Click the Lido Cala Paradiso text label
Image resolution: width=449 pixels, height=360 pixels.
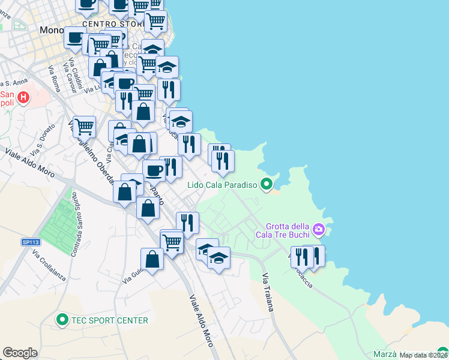coord(221,185)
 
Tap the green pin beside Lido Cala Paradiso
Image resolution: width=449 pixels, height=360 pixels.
coord(268,185)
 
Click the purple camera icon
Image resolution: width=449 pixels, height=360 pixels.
coord(318,229)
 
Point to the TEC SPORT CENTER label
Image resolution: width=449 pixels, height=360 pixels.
coord(110,320)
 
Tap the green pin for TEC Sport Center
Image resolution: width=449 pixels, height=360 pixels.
coord(62,320)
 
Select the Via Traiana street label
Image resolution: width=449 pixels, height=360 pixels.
coord(267,292)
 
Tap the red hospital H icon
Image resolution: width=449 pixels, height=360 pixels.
coord(23,97)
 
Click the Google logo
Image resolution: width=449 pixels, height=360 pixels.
coord(20,353)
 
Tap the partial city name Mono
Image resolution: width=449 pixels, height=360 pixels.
coord(51,29)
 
